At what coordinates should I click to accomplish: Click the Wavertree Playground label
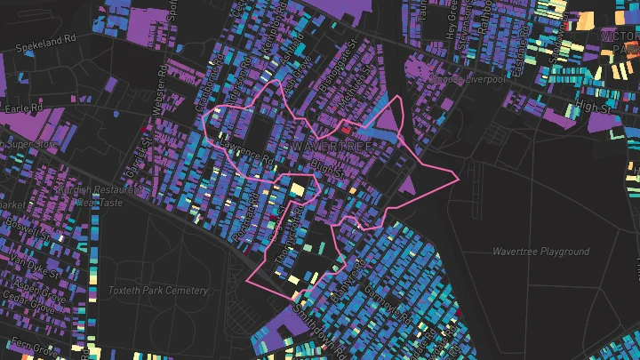[540, 252]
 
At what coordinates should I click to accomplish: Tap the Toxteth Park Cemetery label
[158, 291]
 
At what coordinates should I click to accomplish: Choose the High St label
[594, 107]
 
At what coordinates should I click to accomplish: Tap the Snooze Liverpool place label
[468, 79]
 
